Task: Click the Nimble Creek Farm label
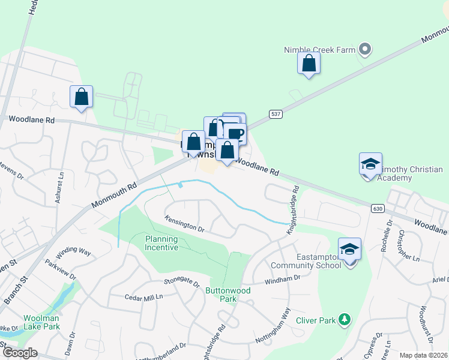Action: [320, 50]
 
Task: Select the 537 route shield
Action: [276, 114]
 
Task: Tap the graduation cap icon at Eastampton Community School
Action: [349, 249]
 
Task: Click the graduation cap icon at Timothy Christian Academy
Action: [370, 163]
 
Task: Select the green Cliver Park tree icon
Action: [345, 319]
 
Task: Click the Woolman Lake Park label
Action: [42, 322]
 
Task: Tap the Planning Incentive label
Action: [161, 242]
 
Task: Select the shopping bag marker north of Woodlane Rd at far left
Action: [81, 97]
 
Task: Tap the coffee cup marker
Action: [236, 134]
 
